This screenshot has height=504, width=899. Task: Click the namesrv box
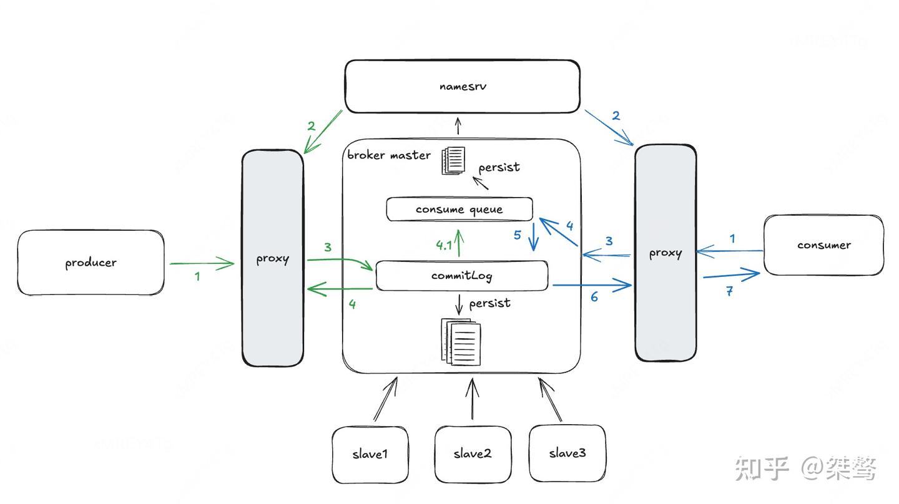coord(462,87)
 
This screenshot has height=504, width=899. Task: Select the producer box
coord(91,263)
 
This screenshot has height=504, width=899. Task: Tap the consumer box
coord(823,245)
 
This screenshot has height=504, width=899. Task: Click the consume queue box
coord(459,210)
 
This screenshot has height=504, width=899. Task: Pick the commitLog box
coord(461,276)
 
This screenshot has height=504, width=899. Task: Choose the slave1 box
coord(370,454)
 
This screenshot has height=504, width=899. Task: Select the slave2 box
coord(473,454)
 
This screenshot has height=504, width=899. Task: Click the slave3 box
coord(567,453)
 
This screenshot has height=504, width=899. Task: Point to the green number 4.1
coord(443,245)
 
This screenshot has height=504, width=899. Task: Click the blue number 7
coord(729,291)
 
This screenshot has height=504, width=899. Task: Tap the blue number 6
coord(594,298)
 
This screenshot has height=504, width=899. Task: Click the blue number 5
coord(518,236)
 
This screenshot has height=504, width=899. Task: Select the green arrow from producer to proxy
coord(202,264)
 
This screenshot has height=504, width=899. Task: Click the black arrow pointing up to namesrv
coord(458,126)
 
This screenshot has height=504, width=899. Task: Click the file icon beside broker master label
coord(453,160)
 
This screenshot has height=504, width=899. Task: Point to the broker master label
coord(389,155)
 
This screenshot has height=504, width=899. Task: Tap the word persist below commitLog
coord(489,303)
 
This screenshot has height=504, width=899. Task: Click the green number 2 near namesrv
coord(312,126)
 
